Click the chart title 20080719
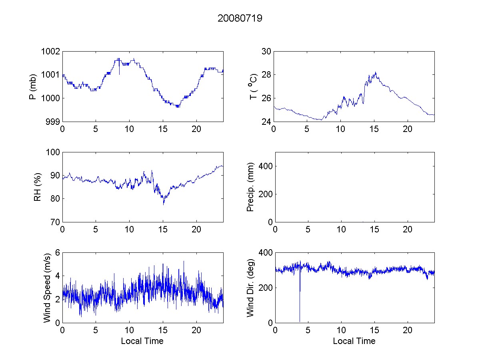pyautogui.click(x=240, y=18)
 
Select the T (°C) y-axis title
pyautogui.click(x=252, y=86)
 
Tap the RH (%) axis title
pyautogui.click(x=38, y=187)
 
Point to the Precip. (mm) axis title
pyautogui.click(x=251, y=187)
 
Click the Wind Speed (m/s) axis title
pyautogui.click(x=47, y=288)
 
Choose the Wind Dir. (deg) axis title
pyautogui.click(x=251, y=288)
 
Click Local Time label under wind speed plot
pyautogui.click(x=142, y=341)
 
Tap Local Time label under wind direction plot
pyautogui.click(x=354, y=341)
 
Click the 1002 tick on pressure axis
pyautogui.click(x=51, y=52)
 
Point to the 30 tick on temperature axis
pyautogui.click(x=266, y=52)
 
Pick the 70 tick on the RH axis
pyautogui.click(x=55, y=222)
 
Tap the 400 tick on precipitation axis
pyautogui.click(x=264, y=166)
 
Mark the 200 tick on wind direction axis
pyautogui.click(x=264, y=288)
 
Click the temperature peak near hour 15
pyautogui.click(x=375, y=73)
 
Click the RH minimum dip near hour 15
pyautogui.click(x=163, y=204)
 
